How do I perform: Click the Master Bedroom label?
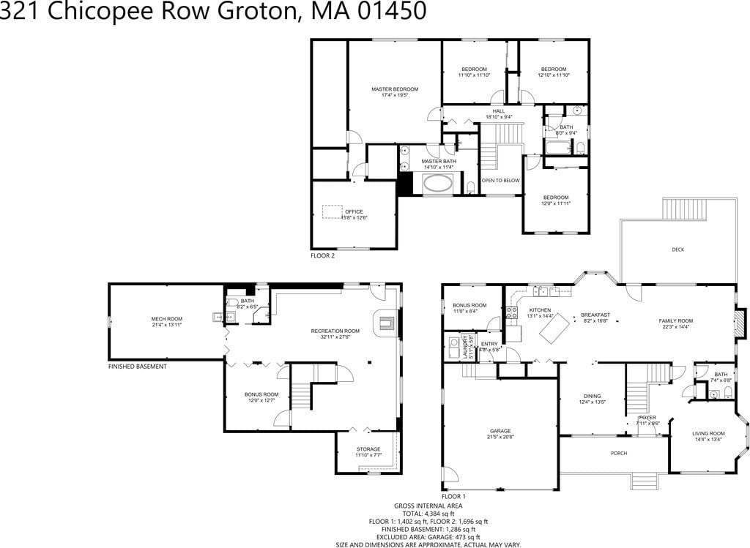coord(395,89)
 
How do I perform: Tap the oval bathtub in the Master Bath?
coord(438,183)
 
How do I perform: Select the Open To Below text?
coord(500,181)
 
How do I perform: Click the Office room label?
coord(354,212)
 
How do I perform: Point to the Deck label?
coord(677,249)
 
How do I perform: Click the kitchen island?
coord(554,326)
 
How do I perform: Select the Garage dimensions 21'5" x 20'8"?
coord(500,438)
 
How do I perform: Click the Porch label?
coord(619,454)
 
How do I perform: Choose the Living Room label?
coord(708,434)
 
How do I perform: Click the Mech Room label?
coord(166,319)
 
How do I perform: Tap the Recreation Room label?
coord(335,331)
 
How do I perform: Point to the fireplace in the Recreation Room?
coord(387,322)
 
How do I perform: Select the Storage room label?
coord(368,449)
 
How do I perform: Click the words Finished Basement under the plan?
coord(137,366)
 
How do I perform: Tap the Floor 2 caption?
coord(322,256)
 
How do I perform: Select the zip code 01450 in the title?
coord(387,12)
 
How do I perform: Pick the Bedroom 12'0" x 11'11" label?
coord(555,198)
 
